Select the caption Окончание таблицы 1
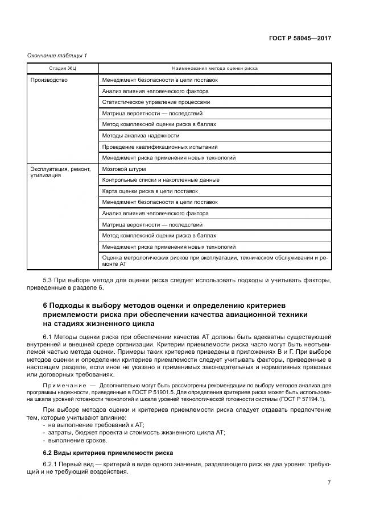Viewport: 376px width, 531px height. (57, 55)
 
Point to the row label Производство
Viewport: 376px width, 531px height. (49, 80)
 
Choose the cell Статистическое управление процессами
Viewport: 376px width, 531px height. (155, 102)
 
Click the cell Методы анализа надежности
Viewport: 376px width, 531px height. (141, 136)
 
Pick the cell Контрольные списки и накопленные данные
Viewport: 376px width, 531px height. (160, 180)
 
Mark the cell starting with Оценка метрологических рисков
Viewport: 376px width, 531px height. (215, 261)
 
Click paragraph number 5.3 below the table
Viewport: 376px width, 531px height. (49, 281)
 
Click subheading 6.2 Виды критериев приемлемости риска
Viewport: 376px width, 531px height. (104, 452)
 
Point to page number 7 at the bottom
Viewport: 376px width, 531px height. (329, 482)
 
